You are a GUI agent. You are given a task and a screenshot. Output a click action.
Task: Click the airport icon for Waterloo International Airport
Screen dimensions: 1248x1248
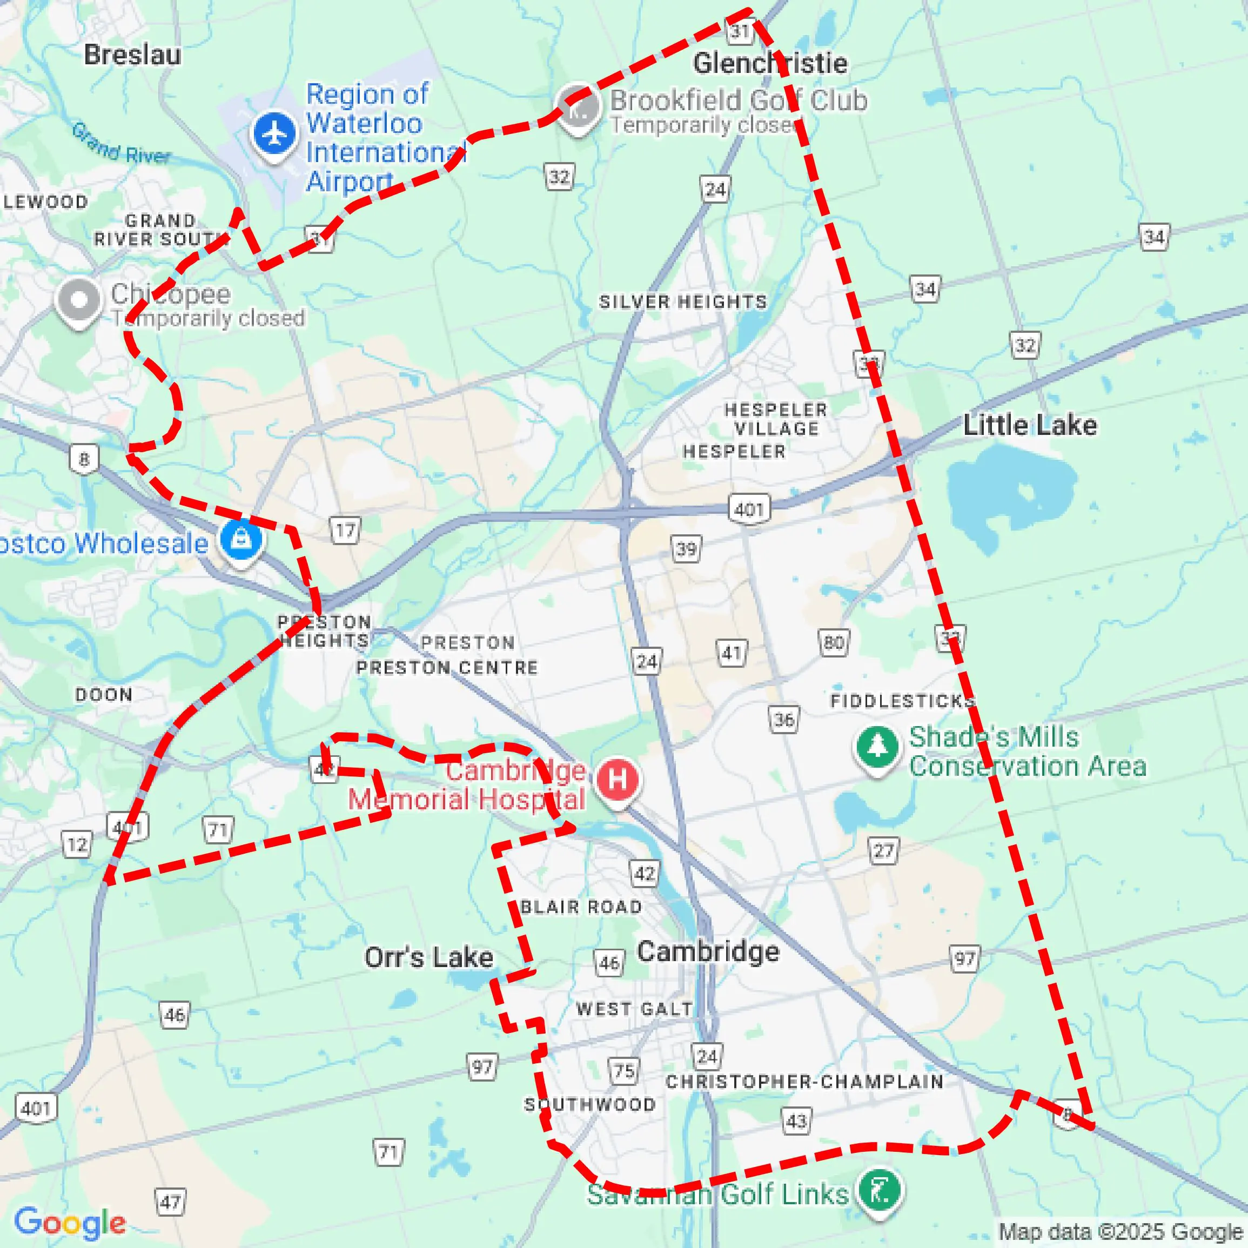click(274, 133)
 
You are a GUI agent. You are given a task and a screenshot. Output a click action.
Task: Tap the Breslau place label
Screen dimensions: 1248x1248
click(132, 55)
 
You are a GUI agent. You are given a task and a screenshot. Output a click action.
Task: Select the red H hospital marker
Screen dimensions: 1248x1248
click(617, 780)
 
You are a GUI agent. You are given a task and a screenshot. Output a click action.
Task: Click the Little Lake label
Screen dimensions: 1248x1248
click(1030, 426)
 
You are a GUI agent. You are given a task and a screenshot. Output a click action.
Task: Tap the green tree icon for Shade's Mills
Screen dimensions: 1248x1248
click(877, 747)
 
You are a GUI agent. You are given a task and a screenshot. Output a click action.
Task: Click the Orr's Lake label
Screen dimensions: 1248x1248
click(428, 957)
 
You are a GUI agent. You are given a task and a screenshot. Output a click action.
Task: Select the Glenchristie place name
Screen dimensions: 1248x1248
click(769, 63)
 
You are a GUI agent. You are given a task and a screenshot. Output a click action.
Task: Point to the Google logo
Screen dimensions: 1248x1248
click(70, 1222)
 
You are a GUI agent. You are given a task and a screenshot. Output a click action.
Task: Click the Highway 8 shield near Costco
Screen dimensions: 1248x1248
click(84, 459)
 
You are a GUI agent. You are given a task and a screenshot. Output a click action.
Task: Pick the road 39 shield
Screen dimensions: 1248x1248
click(686, 549)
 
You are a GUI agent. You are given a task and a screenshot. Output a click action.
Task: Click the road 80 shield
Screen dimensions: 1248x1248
click(833, 642)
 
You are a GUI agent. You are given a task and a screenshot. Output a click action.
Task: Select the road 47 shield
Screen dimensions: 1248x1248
click(171, 1202)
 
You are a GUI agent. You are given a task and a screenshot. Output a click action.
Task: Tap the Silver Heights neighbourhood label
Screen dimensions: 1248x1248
click(683, 301)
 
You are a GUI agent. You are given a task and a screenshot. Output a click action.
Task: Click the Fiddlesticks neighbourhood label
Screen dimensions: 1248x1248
click(902, 701)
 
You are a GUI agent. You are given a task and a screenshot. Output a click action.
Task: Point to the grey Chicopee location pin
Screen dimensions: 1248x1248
click(79, 300)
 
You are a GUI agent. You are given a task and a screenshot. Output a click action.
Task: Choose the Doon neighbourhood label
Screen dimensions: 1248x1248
click(104, 695)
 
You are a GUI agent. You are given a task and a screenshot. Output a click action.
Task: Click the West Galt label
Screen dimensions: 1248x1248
click(634, 1009)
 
